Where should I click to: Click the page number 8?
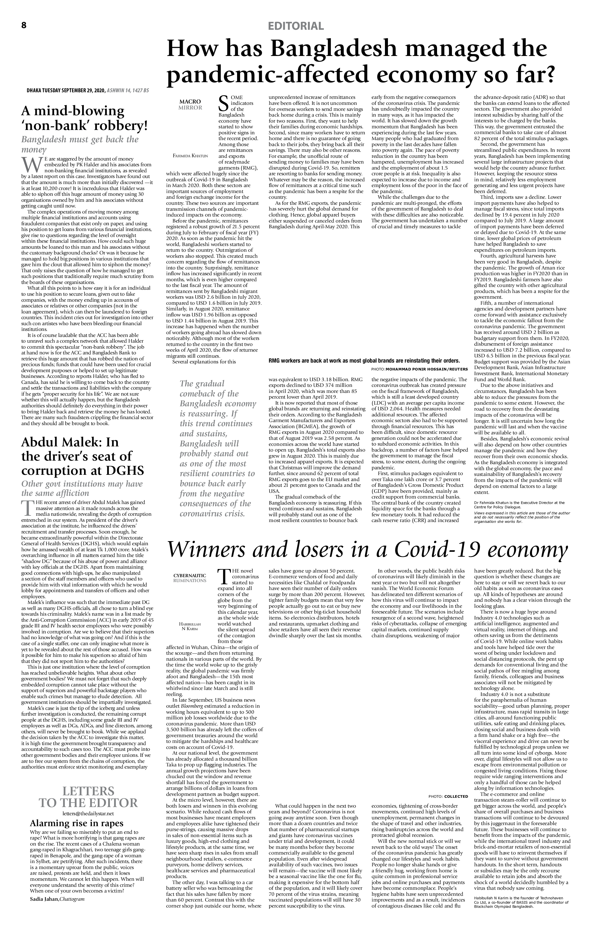click(x=24, y=25)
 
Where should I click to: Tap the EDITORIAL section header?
click(x=296, y=26)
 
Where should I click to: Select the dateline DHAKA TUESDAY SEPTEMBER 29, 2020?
click(x=66, y=90)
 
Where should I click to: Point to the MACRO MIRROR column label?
click(x=190, y=104)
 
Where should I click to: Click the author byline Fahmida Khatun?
click(x=190, y=156)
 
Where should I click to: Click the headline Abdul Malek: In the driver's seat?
click(x=83, y=456)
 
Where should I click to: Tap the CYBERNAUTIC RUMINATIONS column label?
click(x=190, y=578)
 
